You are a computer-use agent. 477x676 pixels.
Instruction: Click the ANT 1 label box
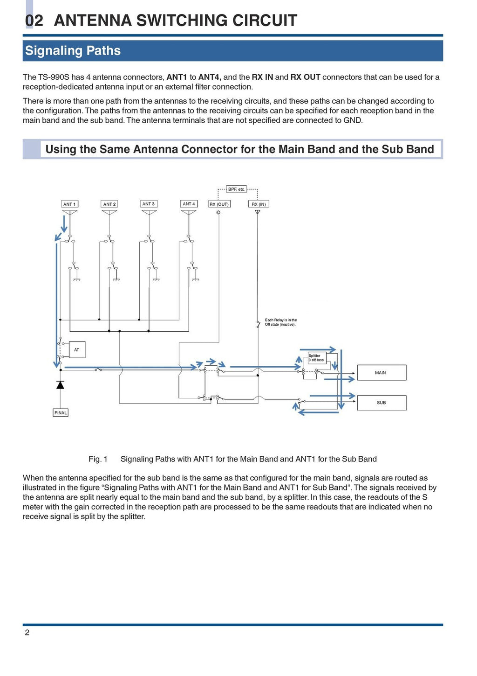(x=69, y=204)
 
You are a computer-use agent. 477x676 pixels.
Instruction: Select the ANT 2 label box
(x=109, y=204)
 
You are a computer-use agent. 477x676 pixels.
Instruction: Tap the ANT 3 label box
(x=149, y=204)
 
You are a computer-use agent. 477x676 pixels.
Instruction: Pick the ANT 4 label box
(x=189, y=204)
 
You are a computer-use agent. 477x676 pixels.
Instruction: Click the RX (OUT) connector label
(x=218, y=204)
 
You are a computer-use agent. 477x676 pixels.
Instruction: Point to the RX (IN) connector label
(x=259, y=204)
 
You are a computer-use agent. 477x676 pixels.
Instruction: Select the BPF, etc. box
(x=237, y=189)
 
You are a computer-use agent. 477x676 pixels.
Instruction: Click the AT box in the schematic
(x=77, y=349)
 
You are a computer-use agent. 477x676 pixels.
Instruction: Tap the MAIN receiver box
(x=381, y=373)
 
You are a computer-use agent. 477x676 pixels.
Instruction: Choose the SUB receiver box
(x=381, y=403)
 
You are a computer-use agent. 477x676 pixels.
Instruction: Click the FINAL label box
(x=61, y=412)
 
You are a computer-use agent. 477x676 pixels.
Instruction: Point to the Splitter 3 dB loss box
(x=316, y=358)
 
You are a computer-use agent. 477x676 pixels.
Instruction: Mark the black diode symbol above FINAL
(x=60, y=385)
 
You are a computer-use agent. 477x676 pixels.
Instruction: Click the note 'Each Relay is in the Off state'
(x=280, y=322)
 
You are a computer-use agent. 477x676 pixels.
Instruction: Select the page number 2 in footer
(x=27, y=633)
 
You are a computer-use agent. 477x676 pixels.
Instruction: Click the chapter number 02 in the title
(x=34, y=21)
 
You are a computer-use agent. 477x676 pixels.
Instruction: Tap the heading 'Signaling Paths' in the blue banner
(x=73, y=50)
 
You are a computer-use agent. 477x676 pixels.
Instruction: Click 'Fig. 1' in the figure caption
(x=98, y=459)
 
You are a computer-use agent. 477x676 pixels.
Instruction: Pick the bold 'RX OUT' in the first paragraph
(x=305, y=77)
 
